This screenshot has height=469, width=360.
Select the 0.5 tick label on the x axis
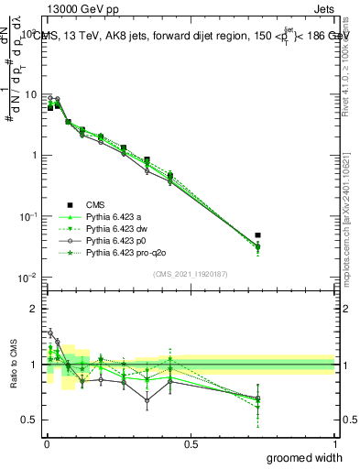tap(191, 442)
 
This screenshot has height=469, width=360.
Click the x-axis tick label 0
tap(47, 442)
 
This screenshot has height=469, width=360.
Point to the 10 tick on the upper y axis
tap(28, 94)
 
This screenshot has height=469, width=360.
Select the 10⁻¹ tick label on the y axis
tap(27, 216)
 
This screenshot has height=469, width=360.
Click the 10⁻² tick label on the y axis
tap(27, 278)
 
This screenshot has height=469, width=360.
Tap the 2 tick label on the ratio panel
tap(34, 309)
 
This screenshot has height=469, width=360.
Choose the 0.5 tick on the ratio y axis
tap(30, 420)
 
